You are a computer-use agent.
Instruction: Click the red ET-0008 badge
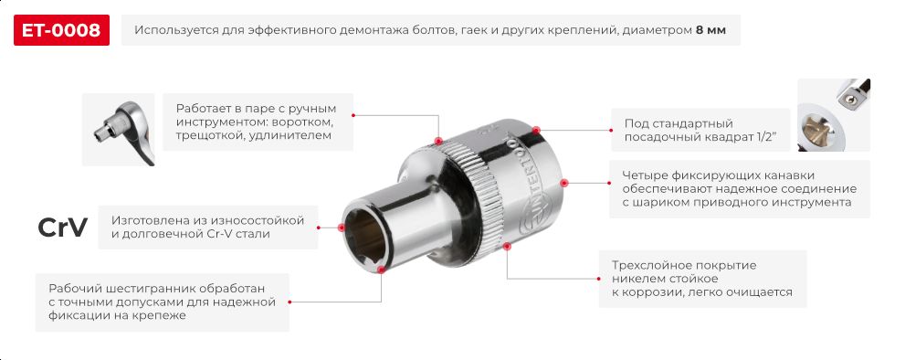pyautogui.click(x=62, y=29)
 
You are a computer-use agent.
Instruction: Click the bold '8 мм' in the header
pyautogui.click(x=710, y=30)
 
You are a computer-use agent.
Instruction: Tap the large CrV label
pyautogui.click(x=62, y=228)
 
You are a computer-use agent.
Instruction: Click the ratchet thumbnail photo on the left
pyautogui.click(x=118, y=130)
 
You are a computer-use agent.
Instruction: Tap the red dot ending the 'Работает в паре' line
pyautogui.click(x=438, y=142)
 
